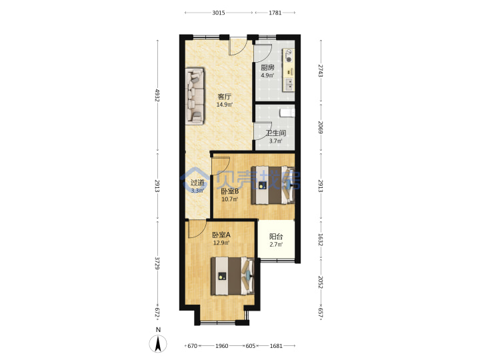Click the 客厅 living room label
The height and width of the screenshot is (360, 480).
tap(225, 97)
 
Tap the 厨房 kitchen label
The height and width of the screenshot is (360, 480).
tap(267, 67)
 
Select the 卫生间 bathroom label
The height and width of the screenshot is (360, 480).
tap(276, 133)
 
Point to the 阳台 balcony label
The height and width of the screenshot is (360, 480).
tap(276, 236)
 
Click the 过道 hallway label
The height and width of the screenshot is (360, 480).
tap(197, 183)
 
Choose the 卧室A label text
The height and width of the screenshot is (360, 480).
tap(221, 235)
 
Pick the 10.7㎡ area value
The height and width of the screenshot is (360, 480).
tap(229, 199)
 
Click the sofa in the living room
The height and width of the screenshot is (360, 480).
tap(195, 96)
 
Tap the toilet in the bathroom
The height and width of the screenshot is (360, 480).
tap(287, 113)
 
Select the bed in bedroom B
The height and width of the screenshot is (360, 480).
tap(273, 185)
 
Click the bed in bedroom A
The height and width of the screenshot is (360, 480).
tap(233, 276)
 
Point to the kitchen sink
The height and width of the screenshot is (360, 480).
tap(289, 85)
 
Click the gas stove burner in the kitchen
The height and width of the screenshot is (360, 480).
tap(289, 59)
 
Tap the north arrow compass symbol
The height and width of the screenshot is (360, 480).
tap(158, 343)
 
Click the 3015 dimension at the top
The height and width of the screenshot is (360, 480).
tap(219, 13)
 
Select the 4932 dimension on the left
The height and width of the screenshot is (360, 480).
tap(157, 95)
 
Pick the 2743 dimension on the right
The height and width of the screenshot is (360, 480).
tap(320, 71)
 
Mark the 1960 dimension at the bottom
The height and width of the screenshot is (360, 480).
tap(221, 346)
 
